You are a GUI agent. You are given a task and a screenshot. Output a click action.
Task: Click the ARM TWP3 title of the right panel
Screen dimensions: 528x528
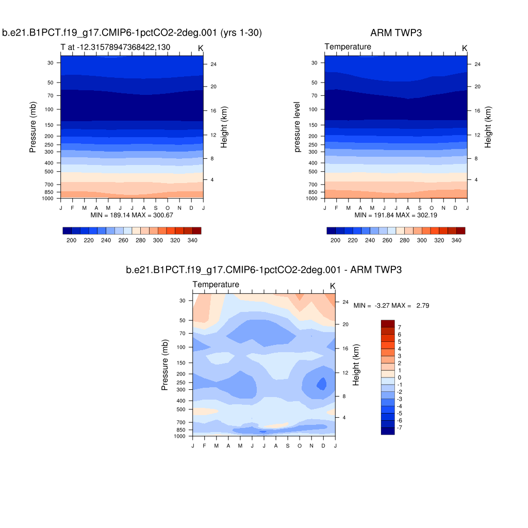[395, 33]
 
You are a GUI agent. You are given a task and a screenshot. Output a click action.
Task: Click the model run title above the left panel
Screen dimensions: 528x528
[132, 33]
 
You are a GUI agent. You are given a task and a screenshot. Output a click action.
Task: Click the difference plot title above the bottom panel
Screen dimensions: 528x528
[263, 270]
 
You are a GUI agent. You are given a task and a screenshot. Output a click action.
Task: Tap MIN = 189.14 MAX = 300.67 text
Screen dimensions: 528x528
[132, 214]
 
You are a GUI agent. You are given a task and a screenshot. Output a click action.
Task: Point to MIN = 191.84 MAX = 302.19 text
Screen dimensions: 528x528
[396, 214]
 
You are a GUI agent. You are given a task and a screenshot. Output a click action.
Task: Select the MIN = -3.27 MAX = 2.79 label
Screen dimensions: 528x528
[391, 306]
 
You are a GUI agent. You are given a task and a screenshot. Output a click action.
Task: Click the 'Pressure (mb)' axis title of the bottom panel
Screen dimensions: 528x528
[165, 365]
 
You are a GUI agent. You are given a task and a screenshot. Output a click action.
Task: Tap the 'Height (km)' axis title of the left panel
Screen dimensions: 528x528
[224, 127]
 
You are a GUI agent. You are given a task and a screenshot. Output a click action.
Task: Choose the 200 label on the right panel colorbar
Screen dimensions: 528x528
[335, 240]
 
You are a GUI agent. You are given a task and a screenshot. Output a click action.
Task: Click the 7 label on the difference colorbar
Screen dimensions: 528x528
[399, 327]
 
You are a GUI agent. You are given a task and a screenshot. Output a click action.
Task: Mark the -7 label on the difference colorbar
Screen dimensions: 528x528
[401, 427]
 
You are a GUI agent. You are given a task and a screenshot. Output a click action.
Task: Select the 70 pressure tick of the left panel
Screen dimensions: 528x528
[51, 95]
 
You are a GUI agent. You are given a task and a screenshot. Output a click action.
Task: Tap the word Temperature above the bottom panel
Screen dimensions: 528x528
[216, 285]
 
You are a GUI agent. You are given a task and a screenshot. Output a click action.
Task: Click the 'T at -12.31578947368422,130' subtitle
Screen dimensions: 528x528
[115, 47]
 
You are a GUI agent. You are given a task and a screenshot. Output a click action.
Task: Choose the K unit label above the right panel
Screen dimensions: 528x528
[464, 48]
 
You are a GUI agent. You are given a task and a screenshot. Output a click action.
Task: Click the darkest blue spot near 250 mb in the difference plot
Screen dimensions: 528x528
[322, 384]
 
